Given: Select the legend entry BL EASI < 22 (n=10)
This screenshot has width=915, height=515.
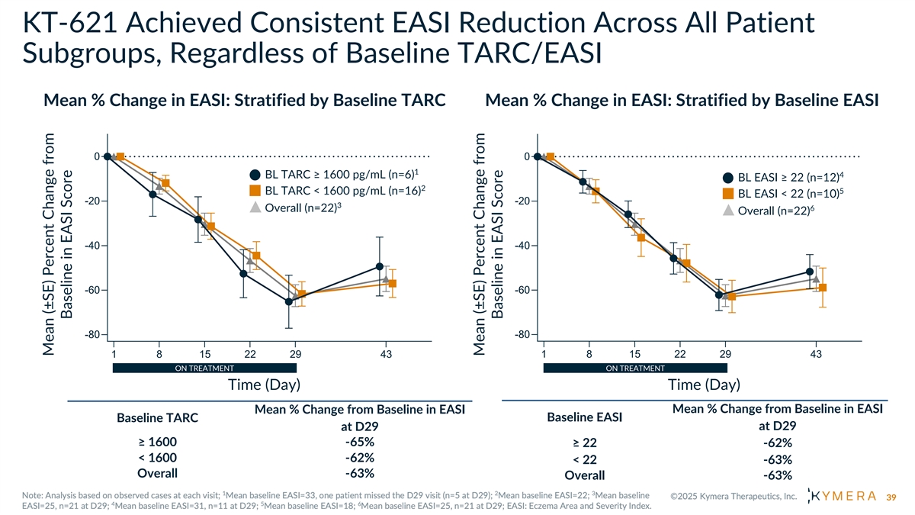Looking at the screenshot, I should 782,194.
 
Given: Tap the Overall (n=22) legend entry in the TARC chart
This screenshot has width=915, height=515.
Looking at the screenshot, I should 301,208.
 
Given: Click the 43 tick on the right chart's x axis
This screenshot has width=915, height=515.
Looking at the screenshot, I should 816,354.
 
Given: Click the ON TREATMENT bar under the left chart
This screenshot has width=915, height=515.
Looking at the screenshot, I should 204,369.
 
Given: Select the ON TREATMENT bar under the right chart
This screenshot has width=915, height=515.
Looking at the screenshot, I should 634,369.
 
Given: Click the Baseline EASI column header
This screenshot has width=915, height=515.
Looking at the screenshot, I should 585,417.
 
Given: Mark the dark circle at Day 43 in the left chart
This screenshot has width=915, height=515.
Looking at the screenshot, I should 380,266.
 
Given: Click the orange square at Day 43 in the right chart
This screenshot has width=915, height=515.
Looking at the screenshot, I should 823,288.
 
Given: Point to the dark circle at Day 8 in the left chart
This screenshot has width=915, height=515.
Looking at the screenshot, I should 153,195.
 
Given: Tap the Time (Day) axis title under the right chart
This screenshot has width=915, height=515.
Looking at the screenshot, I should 704,385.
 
